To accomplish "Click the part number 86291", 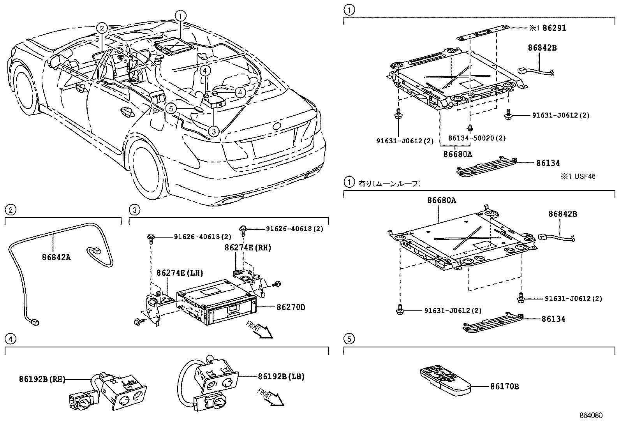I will tap(554, 28).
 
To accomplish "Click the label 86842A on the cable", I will tap(56, 257).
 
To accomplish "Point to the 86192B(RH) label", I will tap(42, 379).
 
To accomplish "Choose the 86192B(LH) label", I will tap(281, 376).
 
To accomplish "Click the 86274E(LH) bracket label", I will tap(180, 273).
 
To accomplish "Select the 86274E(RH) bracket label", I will tap(248, 248).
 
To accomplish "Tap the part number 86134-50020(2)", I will tap(477, 138).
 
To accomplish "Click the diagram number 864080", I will tap(591, 415).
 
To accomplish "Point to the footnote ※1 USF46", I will tap(578, 176).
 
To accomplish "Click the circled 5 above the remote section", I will tap(349, 339).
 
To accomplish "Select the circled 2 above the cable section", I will tap(10, 210).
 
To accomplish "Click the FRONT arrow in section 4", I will tap(271, 398).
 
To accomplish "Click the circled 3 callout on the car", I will tap(213, 131).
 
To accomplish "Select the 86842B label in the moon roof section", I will tap(563, 214).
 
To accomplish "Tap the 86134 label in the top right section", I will tap(548, 163).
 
